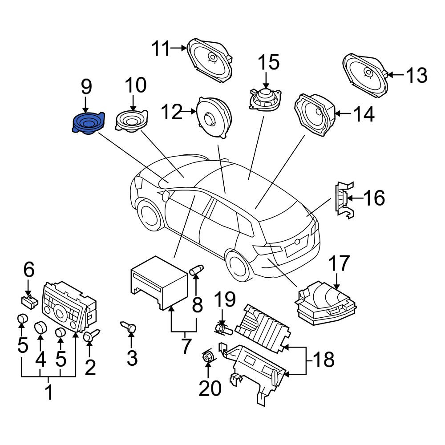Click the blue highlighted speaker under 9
pos(88,123)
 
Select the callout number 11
pos(160,49)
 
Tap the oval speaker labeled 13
pos(365,75)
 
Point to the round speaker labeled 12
pos(214,117)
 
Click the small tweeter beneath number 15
pos(265,100)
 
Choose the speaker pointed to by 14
pos(315,114)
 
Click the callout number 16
pos(374,198)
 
